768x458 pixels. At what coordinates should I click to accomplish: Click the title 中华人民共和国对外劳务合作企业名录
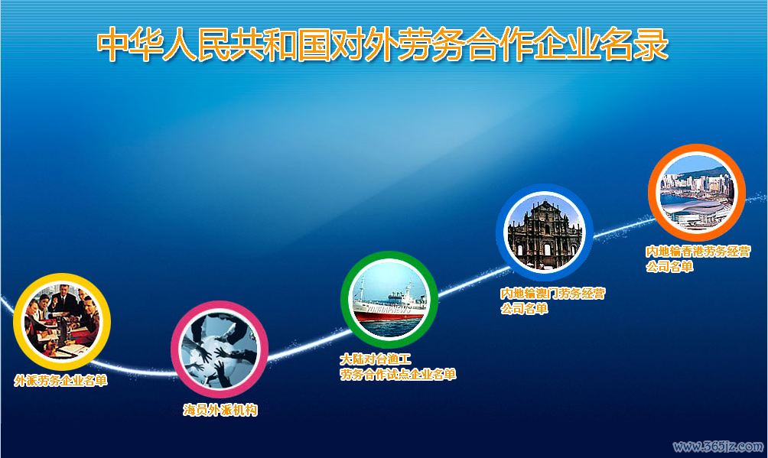click(x=382, y=44)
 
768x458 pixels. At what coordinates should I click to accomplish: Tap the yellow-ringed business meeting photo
click(x=62, y=322)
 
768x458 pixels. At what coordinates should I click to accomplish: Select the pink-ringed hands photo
click(x=220, y=349)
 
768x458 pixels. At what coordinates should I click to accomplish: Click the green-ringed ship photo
click(x=389, y=299)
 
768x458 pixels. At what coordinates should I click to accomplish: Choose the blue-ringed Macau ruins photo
click(x=545, y=232)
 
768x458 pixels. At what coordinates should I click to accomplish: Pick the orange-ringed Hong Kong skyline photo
click(x=697, y=193)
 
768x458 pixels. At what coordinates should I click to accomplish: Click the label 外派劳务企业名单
click(x=60, y=381)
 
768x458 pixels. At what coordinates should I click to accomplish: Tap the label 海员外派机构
click(x=220, y=410)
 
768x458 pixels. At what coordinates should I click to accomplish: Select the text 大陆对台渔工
click(x=376, y=359)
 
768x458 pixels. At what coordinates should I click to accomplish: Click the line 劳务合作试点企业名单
click(x=398, y=374)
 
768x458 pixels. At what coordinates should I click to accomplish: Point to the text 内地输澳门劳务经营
click(x=553, y=294)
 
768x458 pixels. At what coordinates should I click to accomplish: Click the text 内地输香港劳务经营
click(x=698, y=252)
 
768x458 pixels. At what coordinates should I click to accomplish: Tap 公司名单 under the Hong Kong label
click(x=669, y=267)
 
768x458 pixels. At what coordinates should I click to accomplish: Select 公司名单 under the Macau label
click(x=524, y=309)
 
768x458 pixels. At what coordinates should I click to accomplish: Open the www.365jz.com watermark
click(x=718, y=447)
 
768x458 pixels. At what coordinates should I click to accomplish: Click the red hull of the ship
click(x=389, y=314)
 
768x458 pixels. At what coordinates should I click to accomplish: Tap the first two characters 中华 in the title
click(x=130, y=44)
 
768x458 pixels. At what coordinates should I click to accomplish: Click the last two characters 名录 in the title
click(x=635, y=44)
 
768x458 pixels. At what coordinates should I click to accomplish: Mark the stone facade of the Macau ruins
click(x=545, y=235)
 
